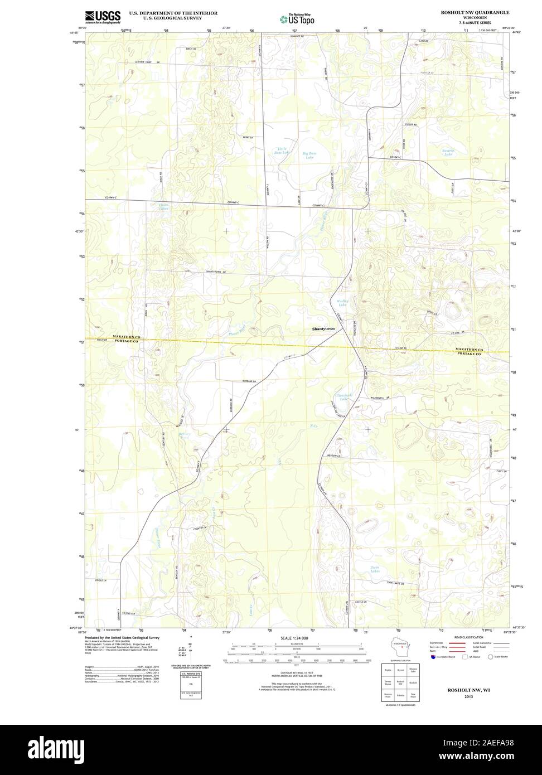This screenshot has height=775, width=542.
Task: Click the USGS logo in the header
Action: [103, 17]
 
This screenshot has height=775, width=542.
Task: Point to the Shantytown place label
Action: [323, 330]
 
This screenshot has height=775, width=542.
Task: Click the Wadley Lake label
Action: [342, 303]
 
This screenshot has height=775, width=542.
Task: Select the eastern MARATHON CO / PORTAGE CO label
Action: [467, 352]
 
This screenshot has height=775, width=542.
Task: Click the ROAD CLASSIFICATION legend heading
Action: [468, 637]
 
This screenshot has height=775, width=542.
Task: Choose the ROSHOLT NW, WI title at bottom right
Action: [467, 690]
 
